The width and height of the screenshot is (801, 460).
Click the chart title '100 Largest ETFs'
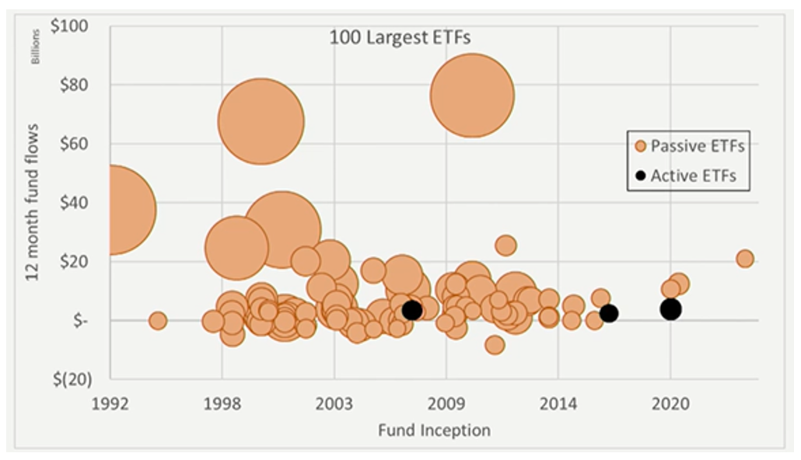(x=400, y=37)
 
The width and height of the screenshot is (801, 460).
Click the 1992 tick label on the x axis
(x=110, y=404)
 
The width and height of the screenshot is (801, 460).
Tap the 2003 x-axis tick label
(x=334, y=404)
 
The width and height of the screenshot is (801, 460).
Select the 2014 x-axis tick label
(x=558, y=404)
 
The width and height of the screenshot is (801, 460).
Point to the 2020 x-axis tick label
(x=670, y=404)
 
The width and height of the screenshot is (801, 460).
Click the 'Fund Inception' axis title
(x=434, y=430)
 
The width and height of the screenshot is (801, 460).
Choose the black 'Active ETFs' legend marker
(x=640, y=176)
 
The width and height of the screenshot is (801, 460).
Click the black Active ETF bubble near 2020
(x=670, y=309)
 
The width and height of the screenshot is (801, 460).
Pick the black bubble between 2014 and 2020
(x=609, y=313)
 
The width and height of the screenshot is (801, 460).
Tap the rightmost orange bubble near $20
(x=745, y=259)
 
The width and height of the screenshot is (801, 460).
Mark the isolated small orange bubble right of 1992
(x=158, y=320)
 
